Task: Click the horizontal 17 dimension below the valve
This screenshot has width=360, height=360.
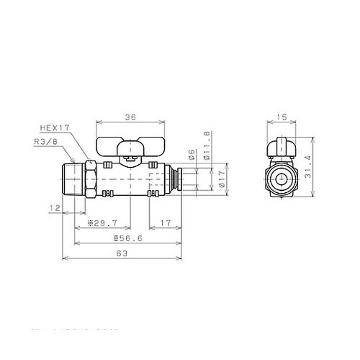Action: [x=165, y=223]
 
